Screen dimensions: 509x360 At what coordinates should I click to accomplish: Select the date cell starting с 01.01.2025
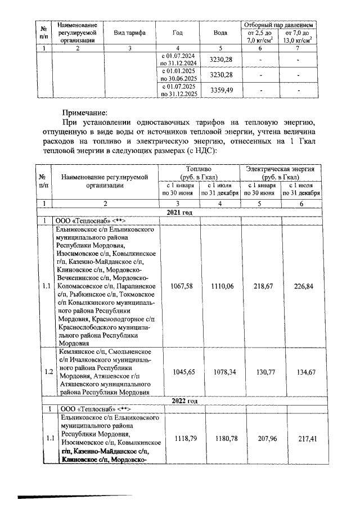click(x=178, y=75)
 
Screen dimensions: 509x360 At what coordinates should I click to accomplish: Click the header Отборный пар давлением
click(x=278, y=25)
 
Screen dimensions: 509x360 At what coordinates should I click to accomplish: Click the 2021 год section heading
click(x=179, y=212)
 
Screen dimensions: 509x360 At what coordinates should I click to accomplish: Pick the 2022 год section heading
click(x=179, y=401)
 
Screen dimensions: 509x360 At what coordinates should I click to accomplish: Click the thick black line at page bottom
click(x=75, y=496)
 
